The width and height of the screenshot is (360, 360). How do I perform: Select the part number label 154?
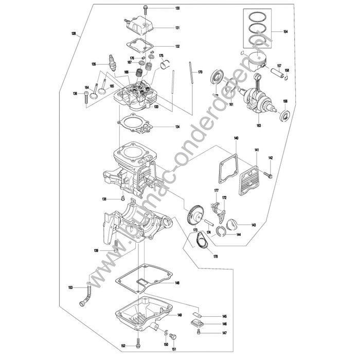[x=285, y=32]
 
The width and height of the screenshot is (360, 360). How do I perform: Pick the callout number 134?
[x=177, y=127]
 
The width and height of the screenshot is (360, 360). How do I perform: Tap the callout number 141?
[x=256, y=150]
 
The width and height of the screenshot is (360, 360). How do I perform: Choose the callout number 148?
[x=177, y=283]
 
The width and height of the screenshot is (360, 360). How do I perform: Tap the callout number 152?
[x=123, y=346]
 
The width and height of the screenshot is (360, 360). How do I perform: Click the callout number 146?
[x=225, y=325]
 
